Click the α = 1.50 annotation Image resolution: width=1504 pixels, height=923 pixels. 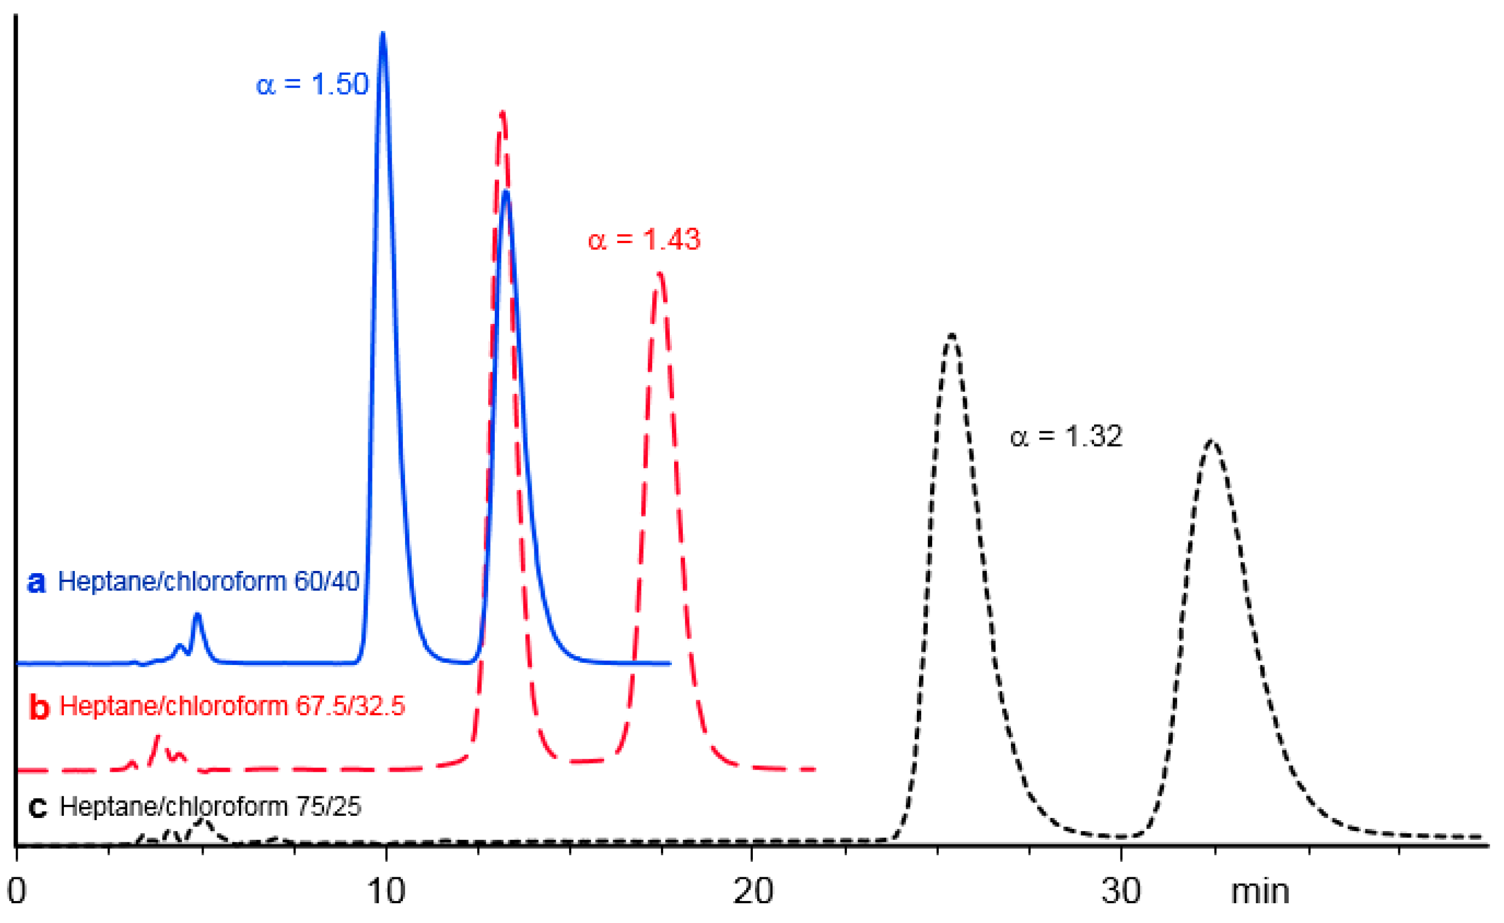(312, 84)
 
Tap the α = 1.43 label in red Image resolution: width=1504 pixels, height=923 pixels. (644, 239)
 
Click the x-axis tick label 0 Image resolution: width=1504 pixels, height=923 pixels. (17, 891)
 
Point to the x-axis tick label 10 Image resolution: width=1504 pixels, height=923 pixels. (386, 891)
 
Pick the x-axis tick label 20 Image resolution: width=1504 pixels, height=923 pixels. (753, 891)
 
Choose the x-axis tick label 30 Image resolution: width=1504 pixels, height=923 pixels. (1121, 891)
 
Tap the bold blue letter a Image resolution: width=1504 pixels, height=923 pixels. (37, 583)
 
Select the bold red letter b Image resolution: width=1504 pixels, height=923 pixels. (39, 707)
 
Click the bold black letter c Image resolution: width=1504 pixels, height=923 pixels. (38, 807)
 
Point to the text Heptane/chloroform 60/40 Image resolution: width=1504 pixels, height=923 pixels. (208, 582)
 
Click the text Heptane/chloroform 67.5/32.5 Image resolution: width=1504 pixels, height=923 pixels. (232, 706)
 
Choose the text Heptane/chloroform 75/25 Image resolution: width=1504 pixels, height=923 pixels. (210, 807)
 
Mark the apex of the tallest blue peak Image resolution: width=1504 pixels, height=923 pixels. (383, 34)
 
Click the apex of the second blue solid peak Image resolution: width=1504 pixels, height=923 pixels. (506, 193)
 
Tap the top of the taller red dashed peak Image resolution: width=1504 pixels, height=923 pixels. (502, 113)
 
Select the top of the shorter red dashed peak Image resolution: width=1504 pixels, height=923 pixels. (659, 274)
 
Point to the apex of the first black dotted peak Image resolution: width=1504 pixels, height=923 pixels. (951, 335)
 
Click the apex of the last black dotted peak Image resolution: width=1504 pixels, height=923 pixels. (1211, 441)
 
